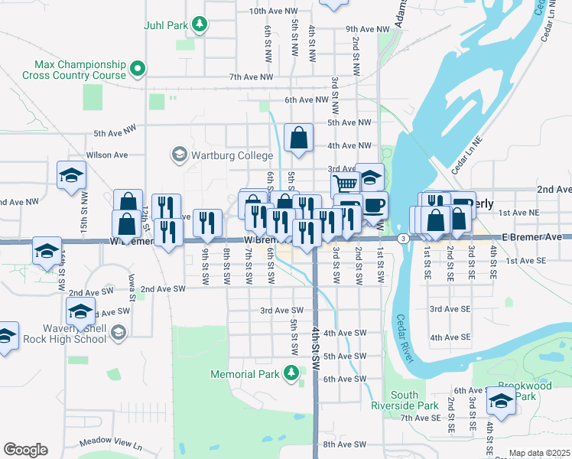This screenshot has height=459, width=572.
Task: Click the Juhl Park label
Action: [x=166, y=25]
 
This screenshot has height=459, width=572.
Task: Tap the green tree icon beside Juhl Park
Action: [x=200, y=24]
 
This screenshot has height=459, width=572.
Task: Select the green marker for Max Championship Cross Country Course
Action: [x=138, y=70]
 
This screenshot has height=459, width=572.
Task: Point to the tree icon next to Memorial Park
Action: [x=291, y=373]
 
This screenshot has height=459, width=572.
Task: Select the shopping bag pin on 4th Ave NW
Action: [x=298, y=138]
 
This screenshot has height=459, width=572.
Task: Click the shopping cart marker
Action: [x=346, y=184]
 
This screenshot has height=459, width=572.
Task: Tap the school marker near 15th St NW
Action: [x=71, y=175]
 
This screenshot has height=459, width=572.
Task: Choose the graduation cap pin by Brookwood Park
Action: [x=501, y=401]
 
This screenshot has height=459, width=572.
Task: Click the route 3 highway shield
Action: [x=402, y=239]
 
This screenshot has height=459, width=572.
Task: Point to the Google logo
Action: [x=25, y=450]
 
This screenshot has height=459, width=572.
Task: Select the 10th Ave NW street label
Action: [x=273, y=11]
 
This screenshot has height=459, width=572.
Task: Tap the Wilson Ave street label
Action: [x=107, y=155]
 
